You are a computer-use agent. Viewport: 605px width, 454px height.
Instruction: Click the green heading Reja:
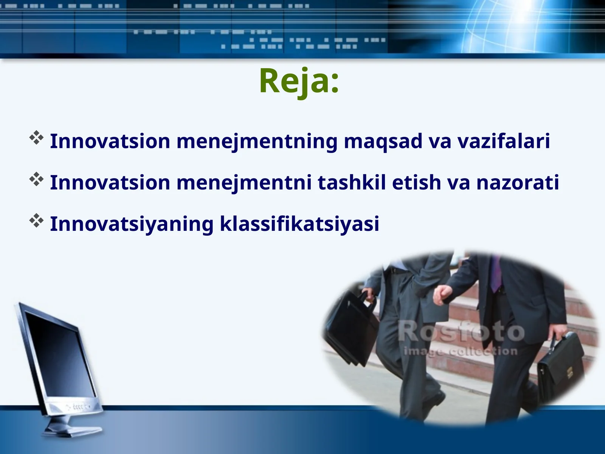(x=299, y=81)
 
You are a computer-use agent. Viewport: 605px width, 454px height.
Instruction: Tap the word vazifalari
(x=503, y=141)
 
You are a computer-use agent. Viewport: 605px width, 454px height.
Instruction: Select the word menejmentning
(x=257, y=142)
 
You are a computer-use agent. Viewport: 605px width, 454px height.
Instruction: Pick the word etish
(x=416, y=182)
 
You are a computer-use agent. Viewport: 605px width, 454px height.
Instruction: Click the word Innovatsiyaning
(x=132, y=224)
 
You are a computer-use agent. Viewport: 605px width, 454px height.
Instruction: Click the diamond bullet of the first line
(x=36, y=138)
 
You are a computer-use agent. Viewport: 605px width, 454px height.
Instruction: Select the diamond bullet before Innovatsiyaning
(x=36, y=221)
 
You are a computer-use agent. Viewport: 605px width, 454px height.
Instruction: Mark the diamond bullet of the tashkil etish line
(x=36, y=179)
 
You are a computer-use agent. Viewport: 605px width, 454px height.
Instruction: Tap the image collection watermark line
(x=460, y=351)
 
